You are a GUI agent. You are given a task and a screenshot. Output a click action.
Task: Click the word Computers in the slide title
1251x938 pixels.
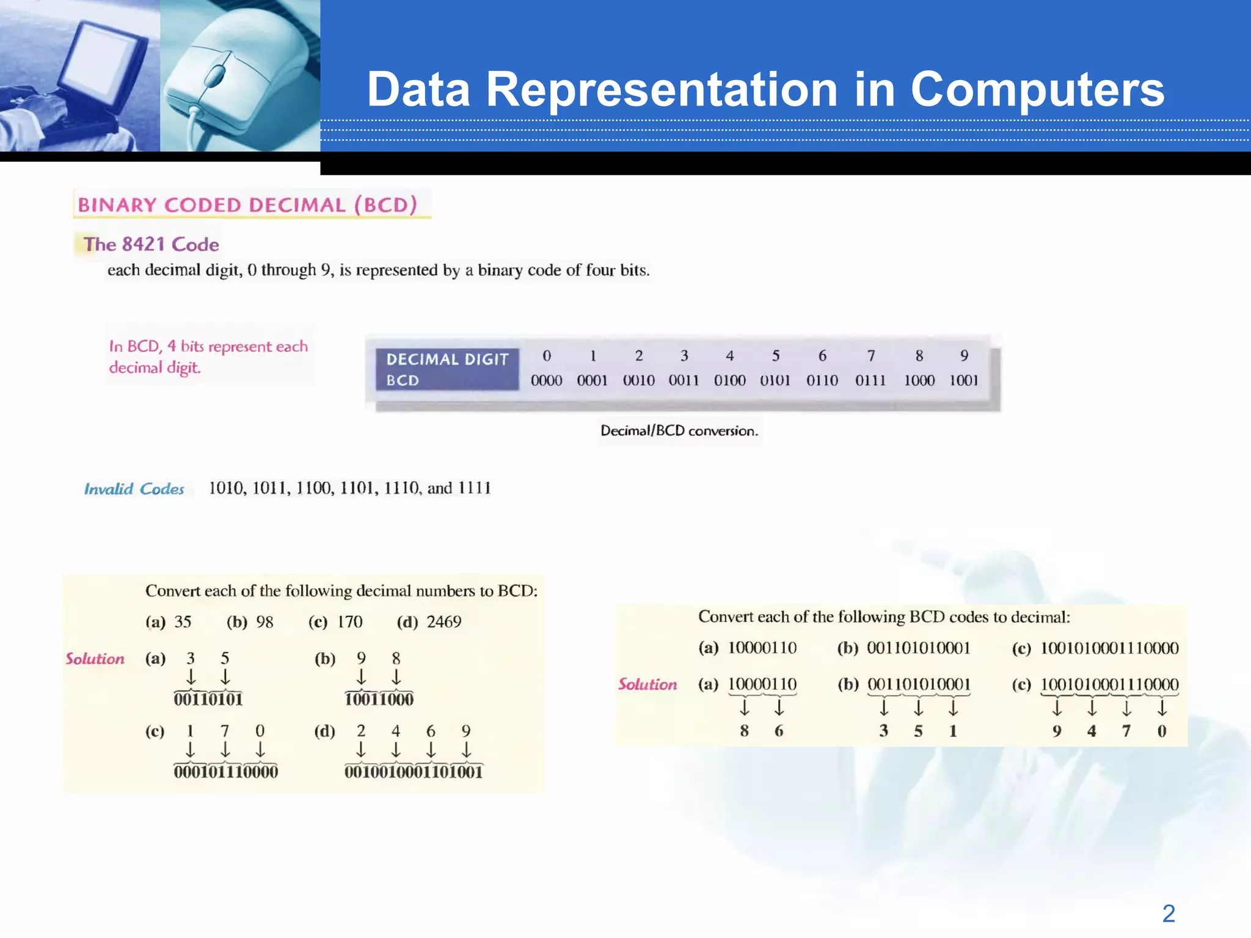1037,90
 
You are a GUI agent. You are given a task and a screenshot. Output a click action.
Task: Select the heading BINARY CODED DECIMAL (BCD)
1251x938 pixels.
247,205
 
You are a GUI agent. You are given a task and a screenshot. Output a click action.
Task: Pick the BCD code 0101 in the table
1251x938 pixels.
775,380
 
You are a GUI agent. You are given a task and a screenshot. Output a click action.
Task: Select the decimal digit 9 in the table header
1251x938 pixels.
964,355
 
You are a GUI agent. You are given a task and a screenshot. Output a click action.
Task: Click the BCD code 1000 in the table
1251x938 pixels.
919,380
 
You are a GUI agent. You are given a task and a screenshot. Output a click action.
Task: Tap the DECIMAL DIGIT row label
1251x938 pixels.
447,359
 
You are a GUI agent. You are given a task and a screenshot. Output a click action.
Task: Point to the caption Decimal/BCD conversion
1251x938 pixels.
679,431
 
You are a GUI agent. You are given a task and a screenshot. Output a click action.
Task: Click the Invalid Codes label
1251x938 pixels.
134,489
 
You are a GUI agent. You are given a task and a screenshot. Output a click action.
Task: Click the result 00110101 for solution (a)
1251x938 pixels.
208,699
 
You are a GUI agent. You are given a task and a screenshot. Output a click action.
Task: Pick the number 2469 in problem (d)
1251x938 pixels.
444,622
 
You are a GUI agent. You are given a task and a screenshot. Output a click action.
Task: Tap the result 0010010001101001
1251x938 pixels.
414,772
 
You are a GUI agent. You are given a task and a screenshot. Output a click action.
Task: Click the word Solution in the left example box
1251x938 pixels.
95,659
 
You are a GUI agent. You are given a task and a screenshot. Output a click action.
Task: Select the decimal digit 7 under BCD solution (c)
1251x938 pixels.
1126,731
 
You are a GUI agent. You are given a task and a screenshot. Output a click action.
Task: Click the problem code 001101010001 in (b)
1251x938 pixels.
918,648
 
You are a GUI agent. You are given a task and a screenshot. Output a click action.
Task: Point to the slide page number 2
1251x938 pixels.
1168,914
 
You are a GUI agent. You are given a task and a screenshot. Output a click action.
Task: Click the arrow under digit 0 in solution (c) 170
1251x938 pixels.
260,749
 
